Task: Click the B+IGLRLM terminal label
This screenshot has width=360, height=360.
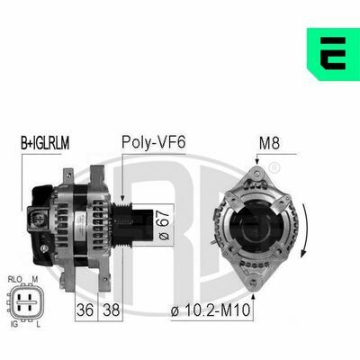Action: (45, 143)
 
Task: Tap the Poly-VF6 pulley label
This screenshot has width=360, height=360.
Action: (154, 142)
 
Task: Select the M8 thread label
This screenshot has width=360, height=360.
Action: (269, 143)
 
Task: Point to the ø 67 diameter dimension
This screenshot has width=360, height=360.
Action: (164, 225)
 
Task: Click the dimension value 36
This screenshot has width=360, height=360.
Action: (85, 310)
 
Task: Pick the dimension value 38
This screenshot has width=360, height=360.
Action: (112, 310)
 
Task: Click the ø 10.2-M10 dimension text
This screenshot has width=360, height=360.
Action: (211, 310)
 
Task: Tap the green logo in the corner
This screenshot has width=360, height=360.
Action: (333, 54)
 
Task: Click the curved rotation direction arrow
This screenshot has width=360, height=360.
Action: (305, 230)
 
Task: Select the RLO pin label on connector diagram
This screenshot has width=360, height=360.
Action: (15, 280)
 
